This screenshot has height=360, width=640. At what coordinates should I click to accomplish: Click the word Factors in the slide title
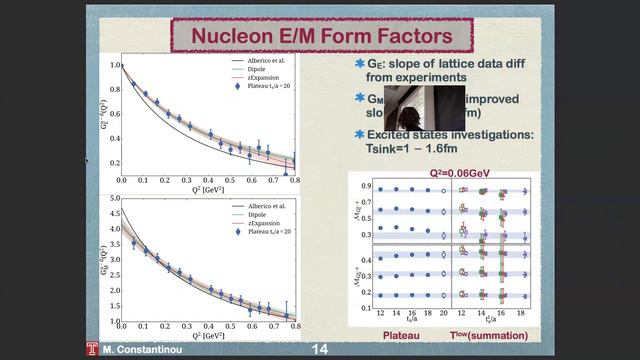[x=408, y=37]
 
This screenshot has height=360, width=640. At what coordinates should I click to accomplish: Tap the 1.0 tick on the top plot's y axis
[x=112, y=65]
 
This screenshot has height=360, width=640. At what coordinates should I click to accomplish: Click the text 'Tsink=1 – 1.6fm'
[x=418, y=149]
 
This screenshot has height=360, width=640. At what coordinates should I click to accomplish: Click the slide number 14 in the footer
[x=320, y=350]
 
